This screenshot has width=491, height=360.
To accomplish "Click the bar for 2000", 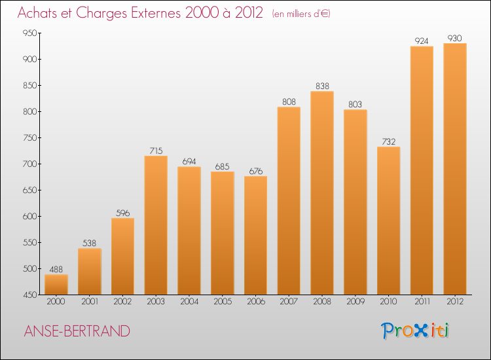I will pyautogui.click(x=56, y=284).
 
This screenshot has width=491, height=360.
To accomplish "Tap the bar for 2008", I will pyautogui.click(x=322, y=192).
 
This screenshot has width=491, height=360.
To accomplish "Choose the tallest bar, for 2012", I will pyautogui.click(x=455, y=169).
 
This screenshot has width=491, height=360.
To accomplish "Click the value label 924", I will pyautogui.click(x=422, y=41).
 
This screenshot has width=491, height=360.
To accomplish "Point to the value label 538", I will pyautogui.click(x=90, y=243).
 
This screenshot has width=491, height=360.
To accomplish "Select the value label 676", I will pyautogui.click(x=255, y=171).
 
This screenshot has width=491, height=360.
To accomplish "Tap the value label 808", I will pyautogui.click(x=289, y=102).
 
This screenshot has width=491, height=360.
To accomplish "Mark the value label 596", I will pyautogui.click(x=122, y=213).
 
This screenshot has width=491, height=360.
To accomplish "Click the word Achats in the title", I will pyautogui.click(x=39, y=14).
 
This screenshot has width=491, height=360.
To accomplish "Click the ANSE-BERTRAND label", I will pyautogui.click(x=76, y=331).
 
